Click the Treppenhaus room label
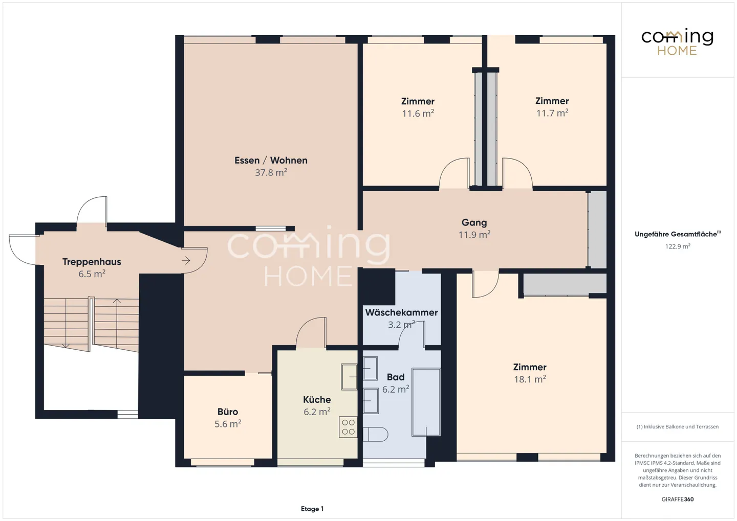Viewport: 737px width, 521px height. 92,262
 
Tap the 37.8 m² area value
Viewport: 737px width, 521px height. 271,173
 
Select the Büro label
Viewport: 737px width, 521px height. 228,412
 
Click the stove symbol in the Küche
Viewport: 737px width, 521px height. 348,427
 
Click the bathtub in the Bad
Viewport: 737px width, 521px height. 426,402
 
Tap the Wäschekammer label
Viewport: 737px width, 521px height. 401,312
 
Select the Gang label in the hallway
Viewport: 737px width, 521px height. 474,222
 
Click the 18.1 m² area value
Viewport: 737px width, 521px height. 530,379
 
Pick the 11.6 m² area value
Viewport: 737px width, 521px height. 418,114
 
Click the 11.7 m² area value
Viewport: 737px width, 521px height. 552,113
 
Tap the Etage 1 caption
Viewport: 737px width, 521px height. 312,509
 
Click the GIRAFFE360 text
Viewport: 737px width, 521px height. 678,499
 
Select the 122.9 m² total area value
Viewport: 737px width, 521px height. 678,246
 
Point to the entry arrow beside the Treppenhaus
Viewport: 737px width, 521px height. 186,261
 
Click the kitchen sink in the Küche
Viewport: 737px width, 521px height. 350,377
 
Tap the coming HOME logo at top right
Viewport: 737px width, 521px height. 677,42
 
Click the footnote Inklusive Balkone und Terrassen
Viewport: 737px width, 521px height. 678,426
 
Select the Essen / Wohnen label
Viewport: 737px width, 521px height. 271,161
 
